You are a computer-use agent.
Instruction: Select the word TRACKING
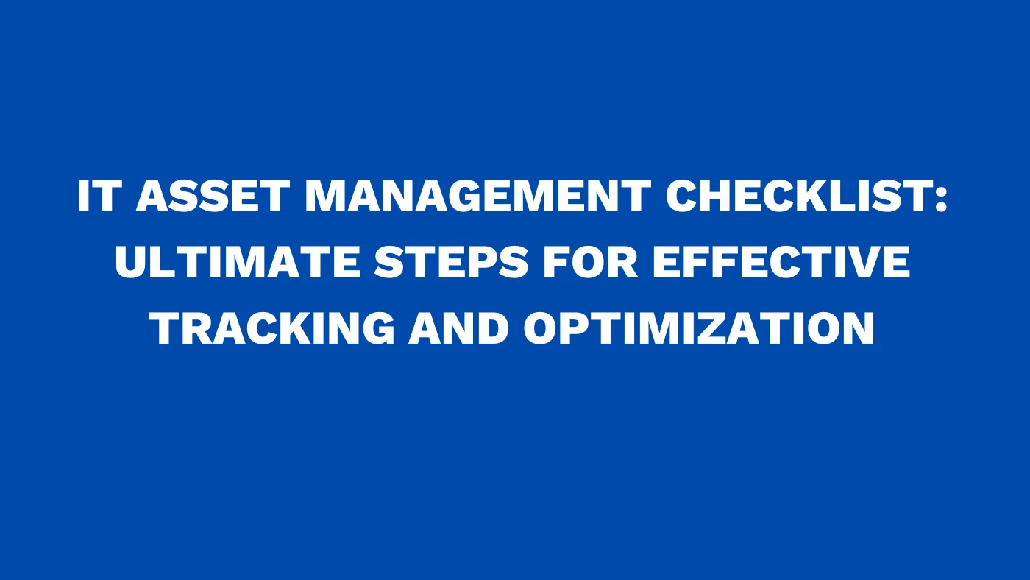[x=273, y=328]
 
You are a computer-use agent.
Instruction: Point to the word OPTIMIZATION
[x=699, y=328]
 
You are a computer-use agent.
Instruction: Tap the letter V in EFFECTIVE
[x=866, y=263]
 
